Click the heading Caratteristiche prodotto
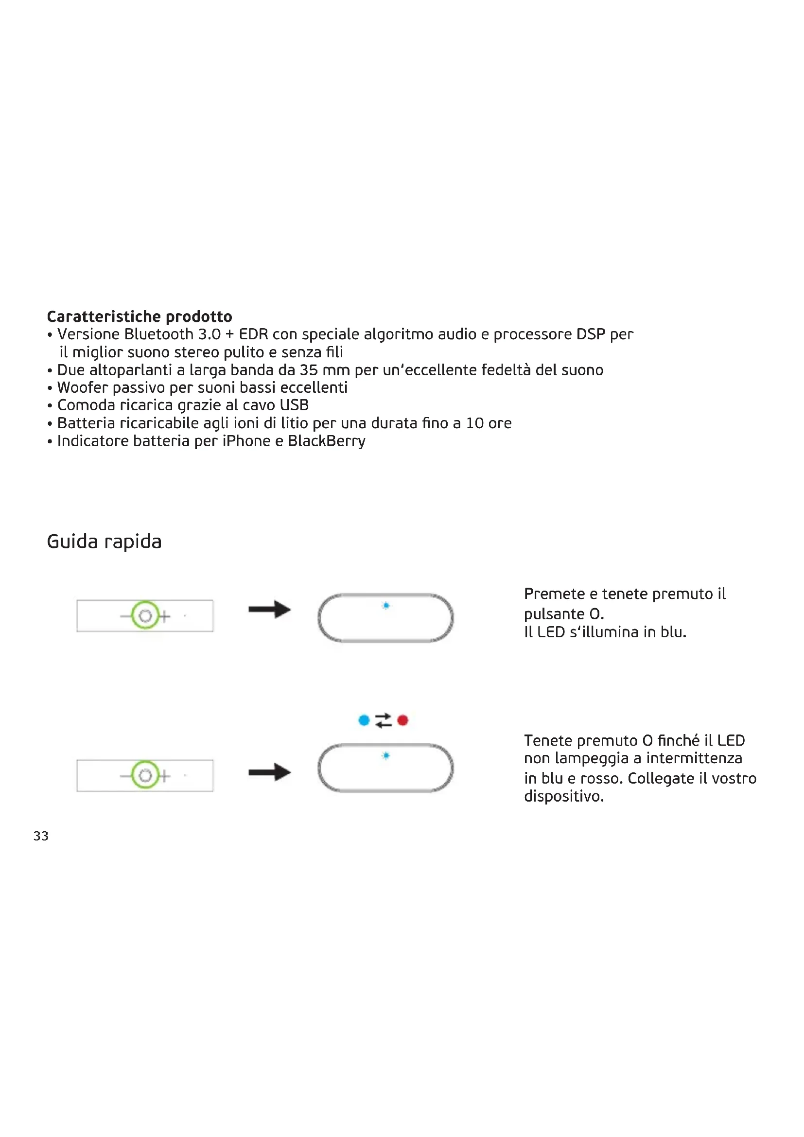(x=139, y=316)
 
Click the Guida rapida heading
(x=104, y=541)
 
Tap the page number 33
(x=41, y=837)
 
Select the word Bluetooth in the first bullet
(x=158, y=334)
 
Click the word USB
(x=294, y=405)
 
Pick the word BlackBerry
(x=326, y=441)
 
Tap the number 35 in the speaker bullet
(x=309, y=370)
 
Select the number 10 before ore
(x=475, y=423)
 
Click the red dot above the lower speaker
(x=402, y=720)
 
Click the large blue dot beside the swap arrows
(x=364, y=720)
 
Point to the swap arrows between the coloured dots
(x=383, y=720)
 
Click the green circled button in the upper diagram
(x=145, y=615)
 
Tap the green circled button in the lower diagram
(x=145, y=775)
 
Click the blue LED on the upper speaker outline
(x=386, y=606)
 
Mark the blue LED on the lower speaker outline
(x=386, y=756)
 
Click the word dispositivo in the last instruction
(x=563, y=796)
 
